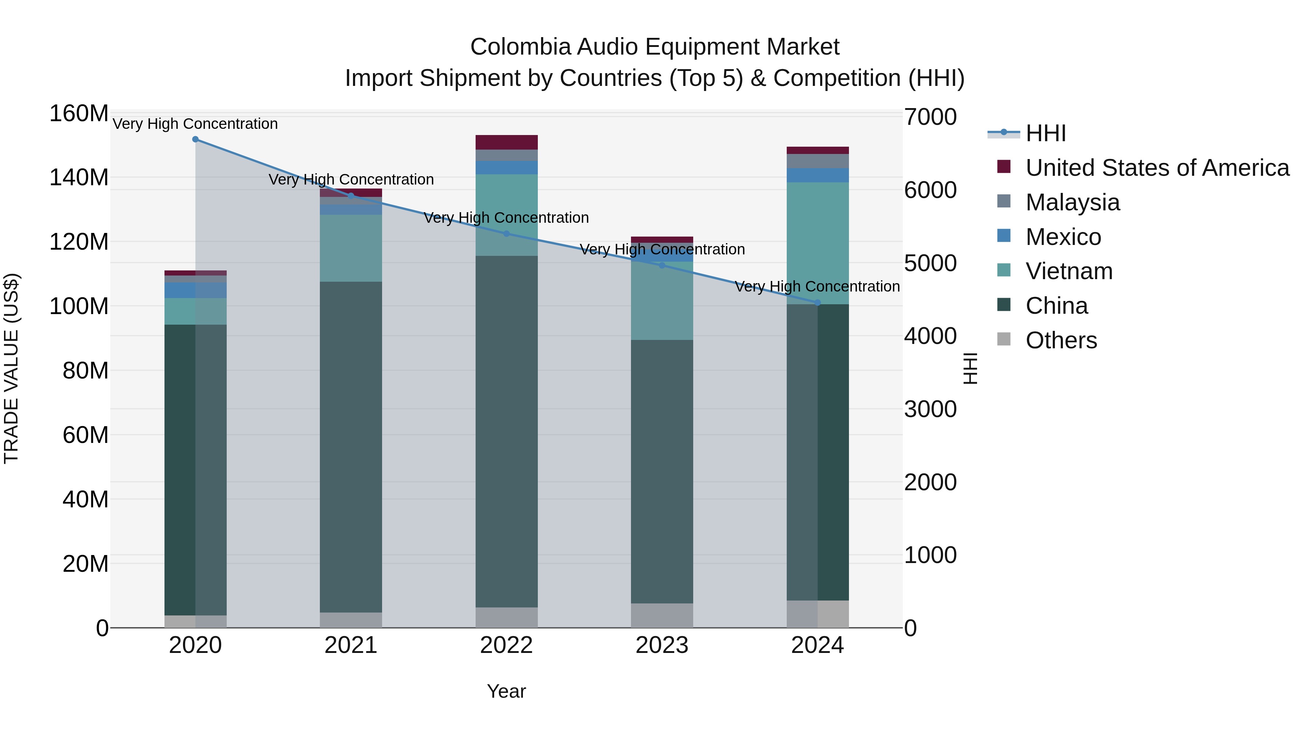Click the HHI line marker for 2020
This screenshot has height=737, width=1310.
(x=195, y=139)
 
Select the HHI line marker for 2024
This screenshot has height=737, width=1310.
(x=818, y=303)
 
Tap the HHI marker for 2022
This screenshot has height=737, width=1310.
(x=507, y=234)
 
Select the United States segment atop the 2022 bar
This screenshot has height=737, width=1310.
(x=507, y=142)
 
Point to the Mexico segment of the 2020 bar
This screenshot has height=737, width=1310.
(x=195, y=290)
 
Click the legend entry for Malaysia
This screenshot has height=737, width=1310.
(x=1072, y=202)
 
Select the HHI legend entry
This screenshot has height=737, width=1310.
(x=1045, y=133)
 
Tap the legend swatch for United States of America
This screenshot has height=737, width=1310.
(x=1004, y=166)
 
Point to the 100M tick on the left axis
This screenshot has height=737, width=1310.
(x=79, y=306)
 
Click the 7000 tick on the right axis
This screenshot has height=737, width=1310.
(x=930, y=117)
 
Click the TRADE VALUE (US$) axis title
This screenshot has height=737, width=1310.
(x=11, y=368)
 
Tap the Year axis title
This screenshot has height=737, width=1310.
(x=506, y=691)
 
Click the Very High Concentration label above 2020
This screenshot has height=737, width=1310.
(x=195, y=124)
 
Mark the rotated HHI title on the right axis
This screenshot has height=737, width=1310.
(x=970, y=368)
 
